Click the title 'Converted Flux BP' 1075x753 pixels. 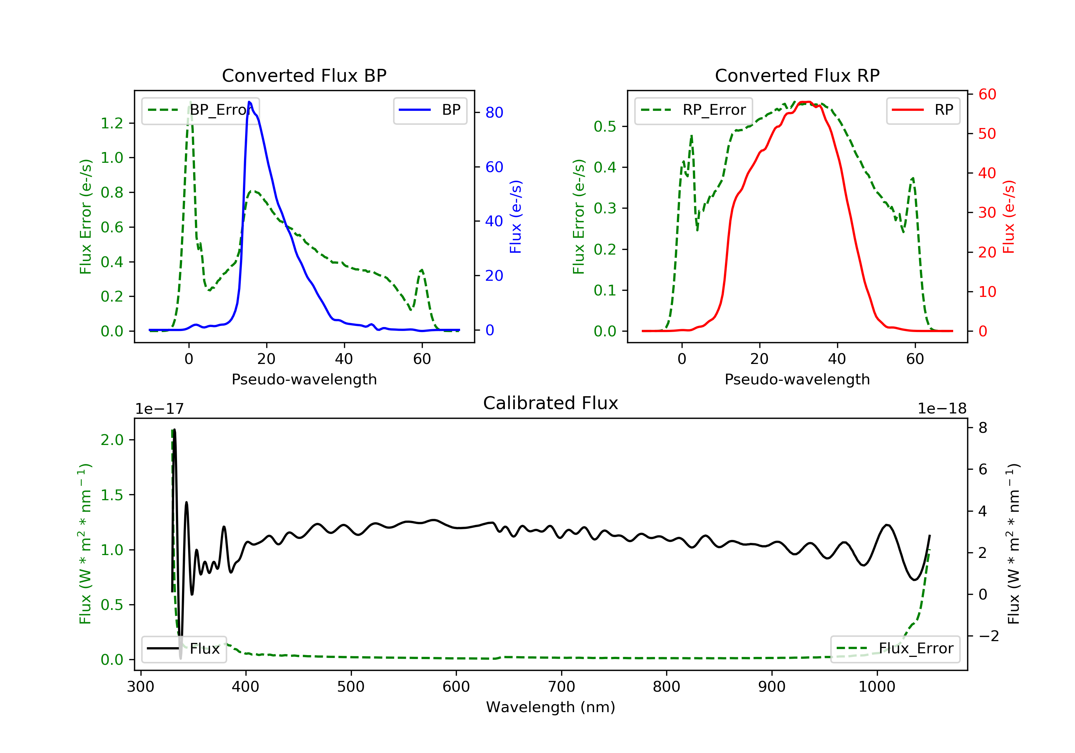(x=304, y=75)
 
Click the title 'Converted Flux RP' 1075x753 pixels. (x=797, y=75)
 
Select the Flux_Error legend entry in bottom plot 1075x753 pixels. (x=895, y=649)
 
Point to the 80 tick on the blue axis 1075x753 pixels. (x=494, y=113)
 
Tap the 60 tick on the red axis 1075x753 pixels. (x=987, y=94)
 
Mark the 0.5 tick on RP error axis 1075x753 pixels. (x=605, y=127)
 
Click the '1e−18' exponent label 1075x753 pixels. (x=942, y=409)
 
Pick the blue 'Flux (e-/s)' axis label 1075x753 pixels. (x=516, y=217)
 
